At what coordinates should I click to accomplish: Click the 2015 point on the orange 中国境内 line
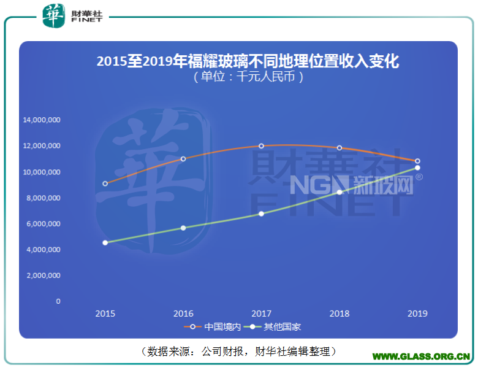coord(105,183)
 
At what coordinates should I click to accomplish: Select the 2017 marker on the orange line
coord(261,146)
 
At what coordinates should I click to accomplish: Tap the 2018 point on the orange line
coord(340,148)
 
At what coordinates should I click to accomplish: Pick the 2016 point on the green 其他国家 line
coord(183,228)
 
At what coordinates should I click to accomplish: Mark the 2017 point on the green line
coord(261,214)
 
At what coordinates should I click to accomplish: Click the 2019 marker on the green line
coord(417,168)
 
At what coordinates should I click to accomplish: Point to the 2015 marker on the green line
coord(105,242)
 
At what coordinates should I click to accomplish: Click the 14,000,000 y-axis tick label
coord(42,120)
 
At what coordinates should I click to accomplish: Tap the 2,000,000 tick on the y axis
coord(43,276)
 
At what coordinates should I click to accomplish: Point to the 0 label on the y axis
coord(58,301)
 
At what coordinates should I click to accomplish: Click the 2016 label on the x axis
coord(183,314)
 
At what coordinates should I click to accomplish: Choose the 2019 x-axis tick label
coord(417,314)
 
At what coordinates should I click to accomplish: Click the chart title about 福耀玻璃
coord(248,61)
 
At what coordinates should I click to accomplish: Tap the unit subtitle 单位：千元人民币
coord(248,77)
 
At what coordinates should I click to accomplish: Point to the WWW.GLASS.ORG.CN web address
coord(422,356)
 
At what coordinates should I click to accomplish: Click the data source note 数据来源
coord(239,351)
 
